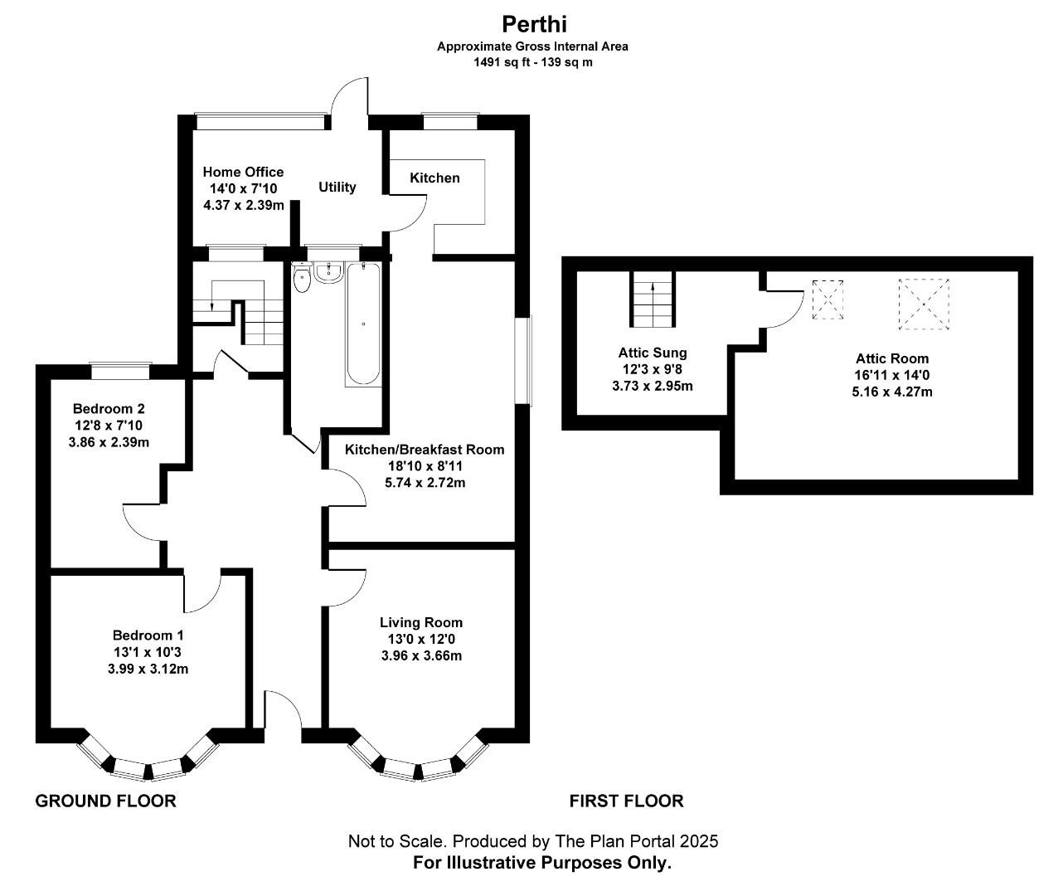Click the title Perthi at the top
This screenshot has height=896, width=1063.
click(x=533, y=23)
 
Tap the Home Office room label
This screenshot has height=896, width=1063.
click(x=243, y=172)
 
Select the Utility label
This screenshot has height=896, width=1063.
click(x=337, y=187)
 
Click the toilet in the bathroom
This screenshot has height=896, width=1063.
click(x=302, y=280)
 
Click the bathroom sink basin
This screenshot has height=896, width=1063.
click(x=329, y=273)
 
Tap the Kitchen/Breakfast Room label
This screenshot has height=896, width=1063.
click(x=425, y=450)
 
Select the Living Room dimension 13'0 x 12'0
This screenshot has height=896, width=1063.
click(x=421, y=639)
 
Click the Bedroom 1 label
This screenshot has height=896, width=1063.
click(x=148, y=635)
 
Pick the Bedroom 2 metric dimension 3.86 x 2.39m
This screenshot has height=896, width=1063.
click(x=109, y=441)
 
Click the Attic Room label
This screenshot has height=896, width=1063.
click(x=892, y=358)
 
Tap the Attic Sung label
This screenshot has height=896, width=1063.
click(x=653, y=353)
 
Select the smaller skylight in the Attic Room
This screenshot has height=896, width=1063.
click(x=828, y=299)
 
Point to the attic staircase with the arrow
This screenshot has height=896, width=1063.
click(x=653, y=300)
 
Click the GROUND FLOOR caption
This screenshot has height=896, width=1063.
click(x=105, y=801)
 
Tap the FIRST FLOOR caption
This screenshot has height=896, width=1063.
click(x=626, y=801)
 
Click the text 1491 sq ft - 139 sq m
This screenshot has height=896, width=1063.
click(x=533, y=61)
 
